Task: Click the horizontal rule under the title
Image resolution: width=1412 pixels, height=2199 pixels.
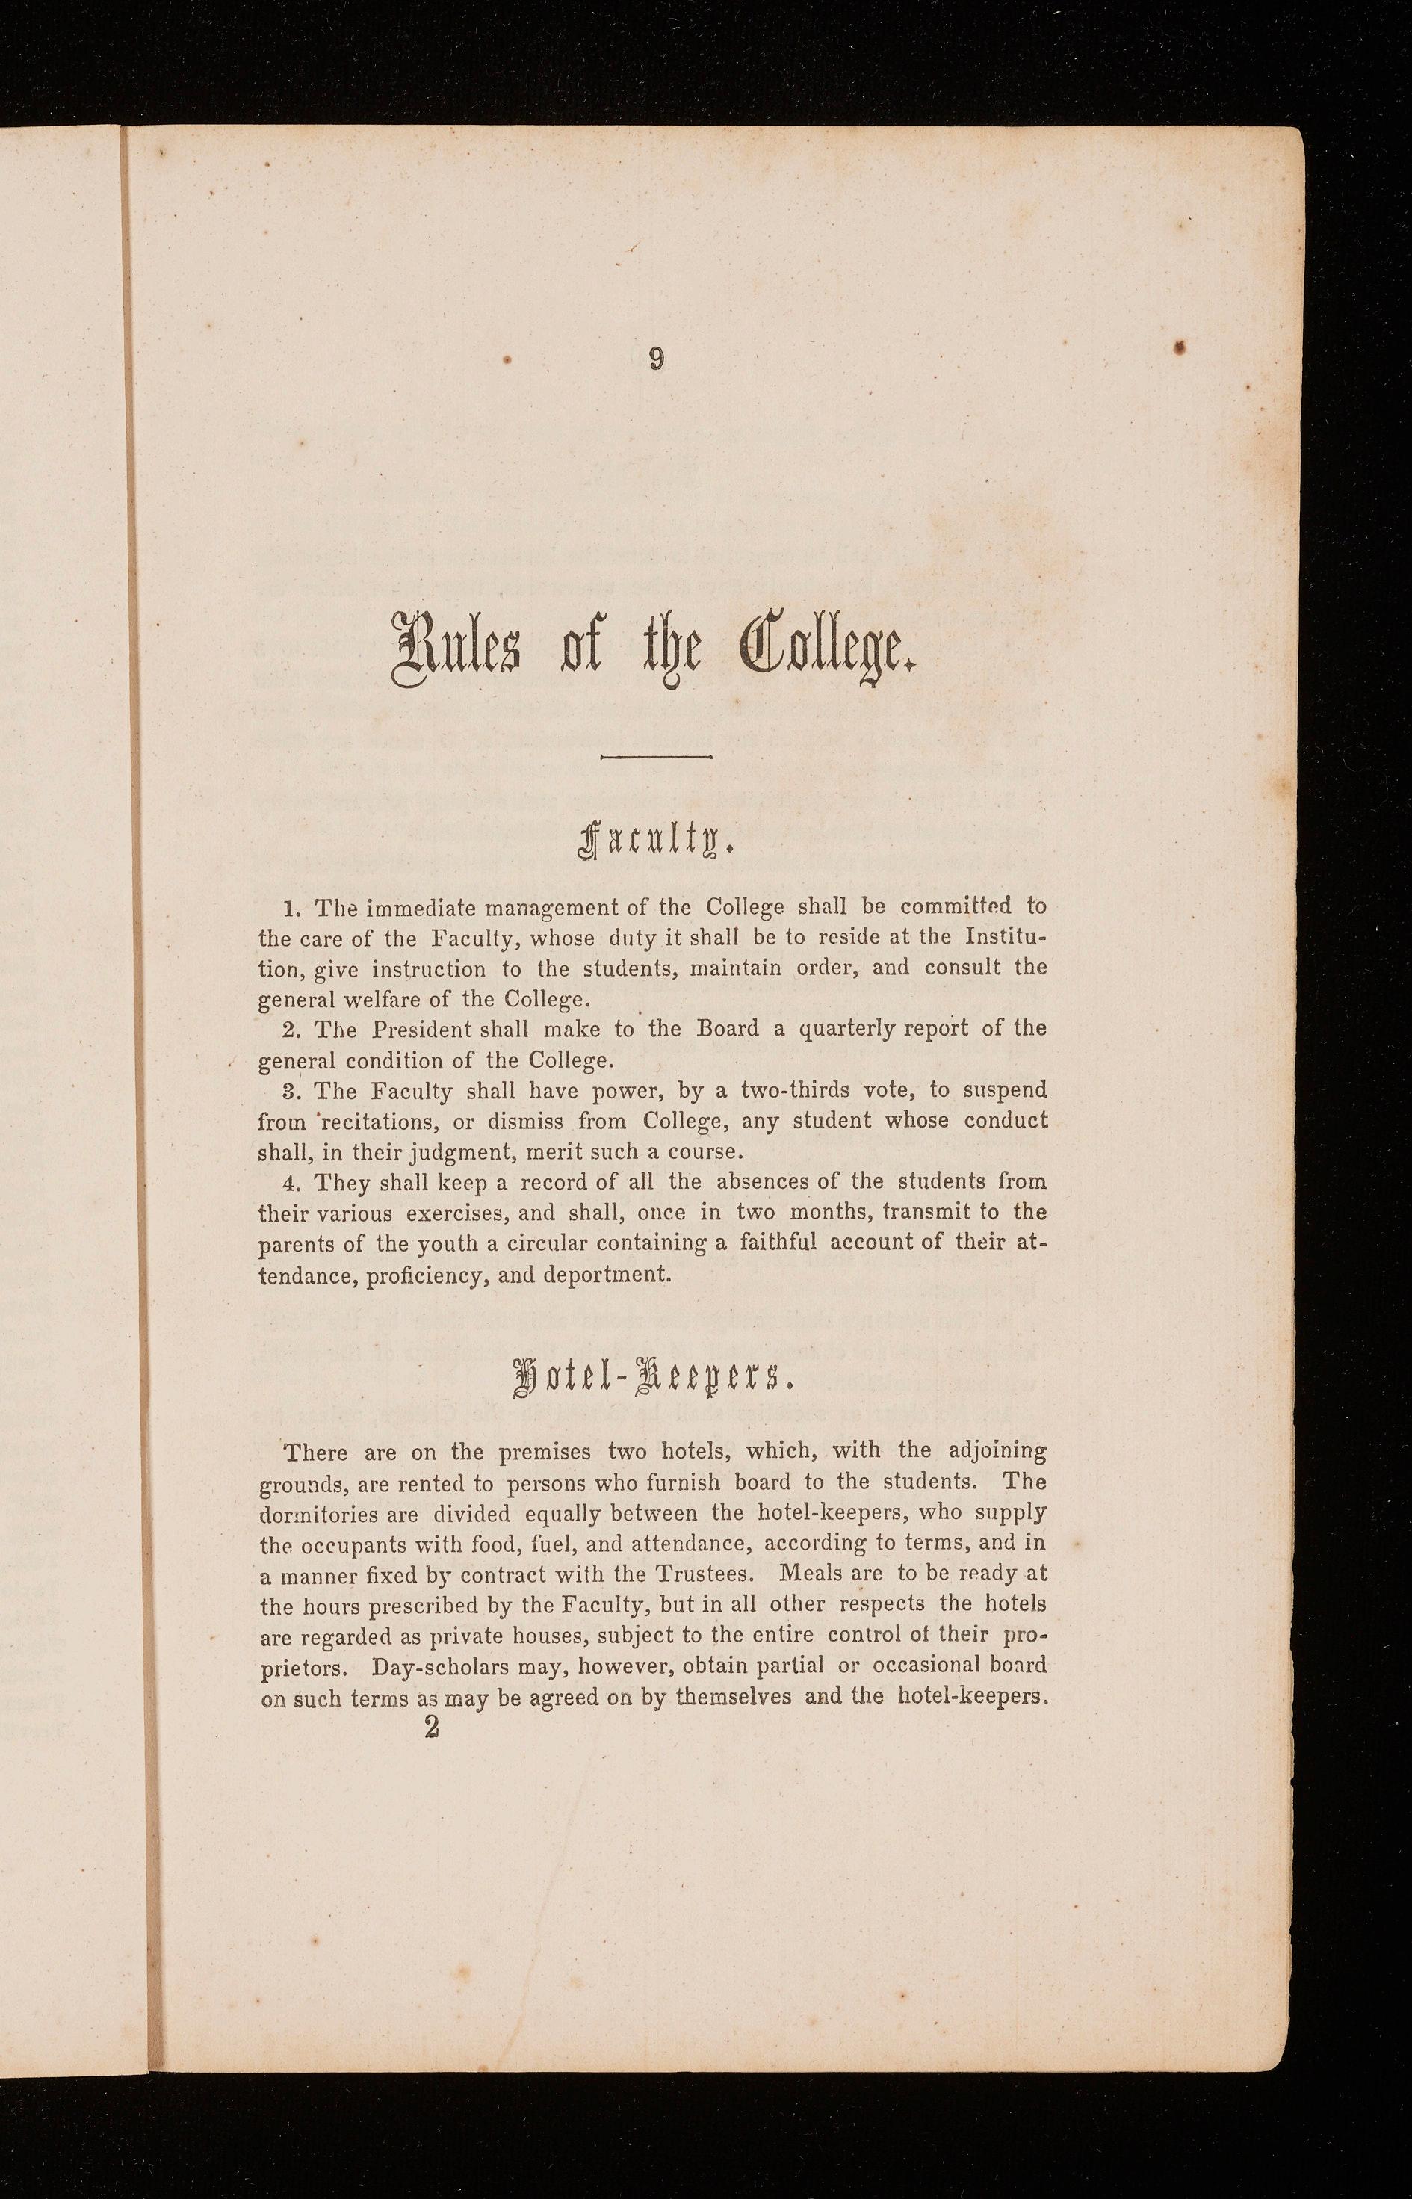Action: (x=656, y=756)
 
